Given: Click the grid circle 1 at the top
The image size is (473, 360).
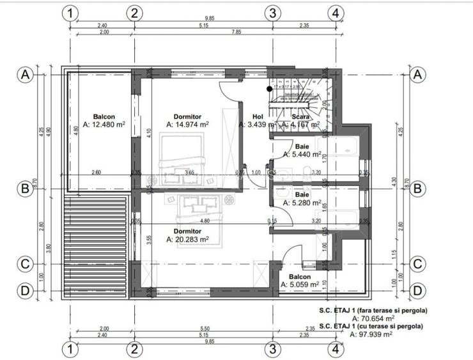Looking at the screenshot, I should pos(70,12).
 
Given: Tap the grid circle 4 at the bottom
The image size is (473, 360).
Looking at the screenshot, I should pos(334,349).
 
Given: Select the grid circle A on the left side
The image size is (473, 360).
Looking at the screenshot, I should pos(25,74).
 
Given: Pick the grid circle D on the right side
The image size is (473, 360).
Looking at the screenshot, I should pos(418,290).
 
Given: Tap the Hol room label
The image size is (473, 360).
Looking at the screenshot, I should pos(258,116).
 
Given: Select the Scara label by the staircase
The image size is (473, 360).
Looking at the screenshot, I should pos(301,117).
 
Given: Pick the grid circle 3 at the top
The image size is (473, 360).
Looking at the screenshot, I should pos(272,12).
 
